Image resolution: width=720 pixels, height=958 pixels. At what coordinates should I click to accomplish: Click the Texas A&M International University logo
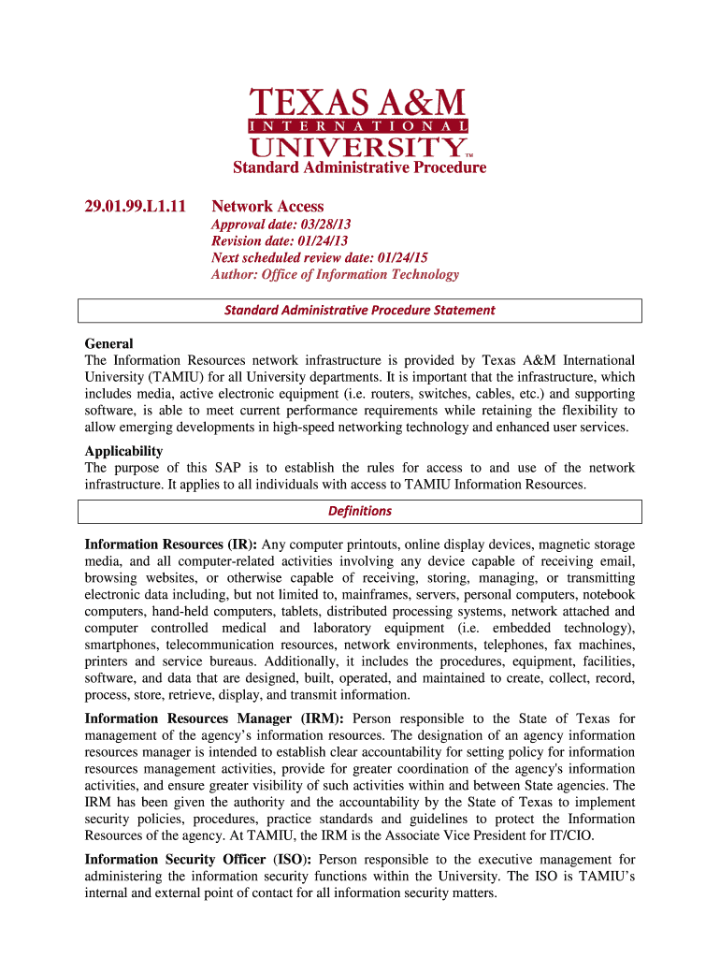359,123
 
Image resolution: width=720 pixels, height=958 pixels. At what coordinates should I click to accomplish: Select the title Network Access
267,206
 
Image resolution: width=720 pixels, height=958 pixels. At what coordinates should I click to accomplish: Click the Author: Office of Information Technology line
335,274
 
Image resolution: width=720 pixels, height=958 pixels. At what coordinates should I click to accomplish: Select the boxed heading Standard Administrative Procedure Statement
359,310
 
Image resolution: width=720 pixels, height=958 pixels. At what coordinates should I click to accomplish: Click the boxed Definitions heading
359,511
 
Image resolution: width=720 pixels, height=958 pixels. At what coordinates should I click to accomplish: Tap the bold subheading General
108,343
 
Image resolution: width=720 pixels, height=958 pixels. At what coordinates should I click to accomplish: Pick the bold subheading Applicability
123,451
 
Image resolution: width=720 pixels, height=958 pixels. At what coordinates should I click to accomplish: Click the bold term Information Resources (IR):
171,544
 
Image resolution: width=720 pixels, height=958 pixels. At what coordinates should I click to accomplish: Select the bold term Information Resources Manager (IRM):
215,718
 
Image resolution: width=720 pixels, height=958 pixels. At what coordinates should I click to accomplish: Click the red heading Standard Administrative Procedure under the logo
359,168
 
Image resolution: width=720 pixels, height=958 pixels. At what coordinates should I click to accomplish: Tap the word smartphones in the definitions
122,646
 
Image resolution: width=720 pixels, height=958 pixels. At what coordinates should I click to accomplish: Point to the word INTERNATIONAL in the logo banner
359,125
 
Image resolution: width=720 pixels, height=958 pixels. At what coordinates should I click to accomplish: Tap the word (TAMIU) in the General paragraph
173,377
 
